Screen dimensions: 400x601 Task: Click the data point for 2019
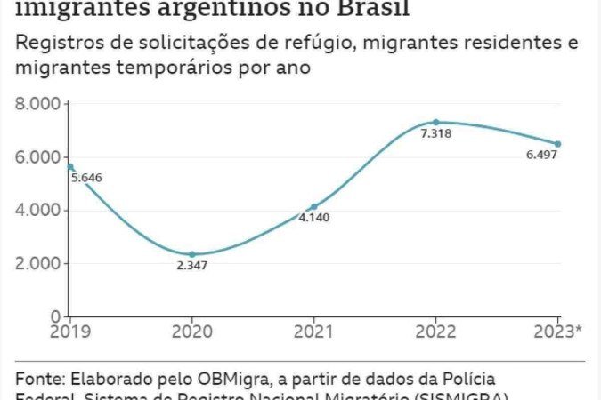70,167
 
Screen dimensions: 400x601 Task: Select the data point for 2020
191,254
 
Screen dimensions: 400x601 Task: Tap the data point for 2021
313,206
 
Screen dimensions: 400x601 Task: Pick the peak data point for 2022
435,122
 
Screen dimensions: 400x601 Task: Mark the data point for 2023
557,144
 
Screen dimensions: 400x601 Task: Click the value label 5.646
87,178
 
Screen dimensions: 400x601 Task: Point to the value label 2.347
192,266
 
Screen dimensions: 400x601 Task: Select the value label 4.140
314,218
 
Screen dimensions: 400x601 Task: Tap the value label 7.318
436,134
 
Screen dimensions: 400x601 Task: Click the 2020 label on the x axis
192,332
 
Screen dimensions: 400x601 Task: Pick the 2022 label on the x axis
436,332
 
